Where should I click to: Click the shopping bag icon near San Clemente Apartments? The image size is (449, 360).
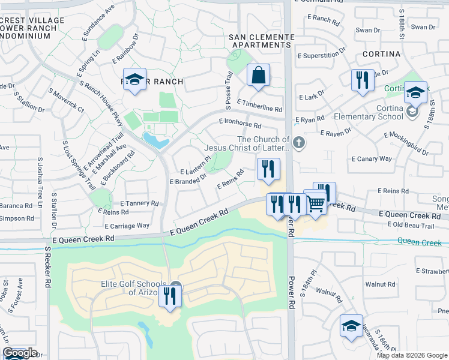258,76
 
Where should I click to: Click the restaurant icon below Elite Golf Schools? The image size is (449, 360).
170,296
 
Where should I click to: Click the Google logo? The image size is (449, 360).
20,353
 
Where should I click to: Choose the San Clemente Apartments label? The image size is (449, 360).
262,41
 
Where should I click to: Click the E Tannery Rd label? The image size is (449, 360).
139,203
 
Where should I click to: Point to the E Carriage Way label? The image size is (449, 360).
127,226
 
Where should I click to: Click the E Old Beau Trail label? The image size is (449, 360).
410,226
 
